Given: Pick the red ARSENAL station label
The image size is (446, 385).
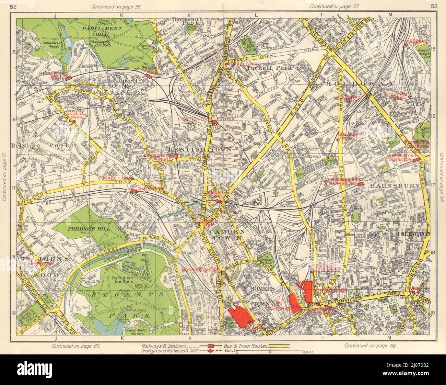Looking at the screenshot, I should (x=416, y=41).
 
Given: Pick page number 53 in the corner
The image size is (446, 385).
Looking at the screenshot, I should (x=434, y=7).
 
